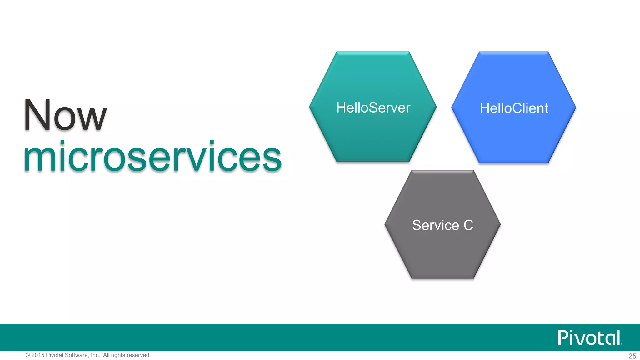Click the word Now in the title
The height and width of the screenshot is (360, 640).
65,115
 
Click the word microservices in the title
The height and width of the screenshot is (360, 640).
152,157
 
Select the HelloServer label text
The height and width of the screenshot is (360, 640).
373,108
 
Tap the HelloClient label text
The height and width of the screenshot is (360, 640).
514,108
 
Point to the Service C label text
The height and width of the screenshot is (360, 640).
442,225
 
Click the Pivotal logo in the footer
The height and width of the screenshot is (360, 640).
589,337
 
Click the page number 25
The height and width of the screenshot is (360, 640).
632,356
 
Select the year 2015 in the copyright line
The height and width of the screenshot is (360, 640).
38,355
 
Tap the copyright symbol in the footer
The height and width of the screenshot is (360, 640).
28,355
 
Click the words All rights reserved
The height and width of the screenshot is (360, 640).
127,355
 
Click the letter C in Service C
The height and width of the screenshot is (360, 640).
468,225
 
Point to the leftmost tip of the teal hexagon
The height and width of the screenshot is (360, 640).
310,107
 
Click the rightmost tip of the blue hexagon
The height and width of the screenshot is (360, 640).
575,107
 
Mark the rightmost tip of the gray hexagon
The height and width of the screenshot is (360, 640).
500,224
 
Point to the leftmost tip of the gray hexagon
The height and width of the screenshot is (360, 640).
385,224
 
